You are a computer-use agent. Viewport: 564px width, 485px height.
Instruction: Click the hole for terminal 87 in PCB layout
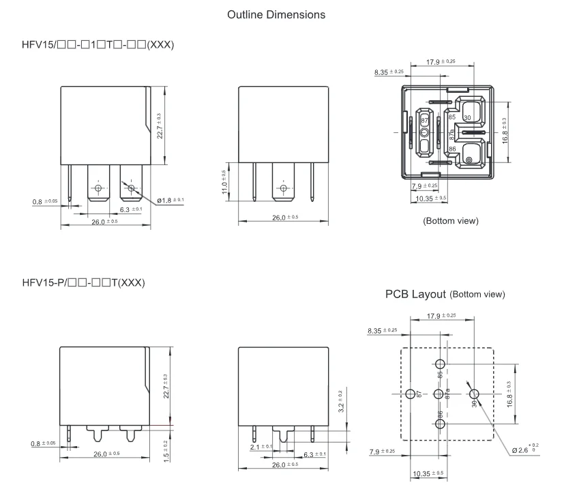click(x=410, y=394)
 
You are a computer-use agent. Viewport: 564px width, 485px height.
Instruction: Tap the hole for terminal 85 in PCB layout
click(x=439, y=362)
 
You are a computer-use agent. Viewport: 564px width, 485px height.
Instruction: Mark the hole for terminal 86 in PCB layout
click(x=439, y=424)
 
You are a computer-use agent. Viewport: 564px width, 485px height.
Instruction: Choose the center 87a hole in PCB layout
click(x=439, y=394)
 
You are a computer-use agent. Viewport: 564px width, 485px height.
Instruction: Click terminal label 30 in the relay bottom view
click(x=467, y=117)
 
